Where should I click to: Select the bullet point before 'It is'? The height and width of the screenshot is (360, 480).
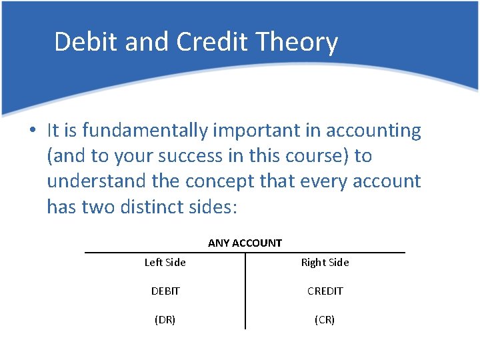32,131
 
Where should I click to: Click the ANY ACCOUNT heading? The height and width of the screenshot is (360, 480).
245,243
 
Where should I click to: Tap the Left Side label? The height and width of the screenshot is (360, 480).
165,263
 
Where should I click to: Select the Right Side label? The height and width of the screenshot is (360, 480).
325,263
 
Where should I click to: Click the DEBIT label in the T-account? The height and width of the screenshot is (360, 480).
165,291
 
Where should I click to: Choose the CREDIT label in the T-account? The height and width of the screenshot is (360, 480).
325,291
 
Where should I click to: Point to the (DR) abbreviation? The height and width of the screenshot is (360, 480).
165,320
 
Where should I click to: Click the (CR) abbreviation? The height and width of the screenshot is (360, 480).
325,320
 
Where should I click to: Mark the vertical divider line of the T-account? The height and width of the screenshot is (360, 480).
245,293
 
